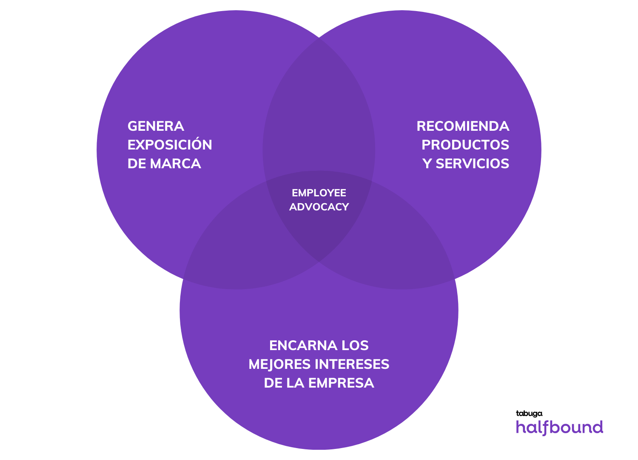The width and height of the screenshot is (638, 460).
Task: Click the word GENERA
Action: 156,126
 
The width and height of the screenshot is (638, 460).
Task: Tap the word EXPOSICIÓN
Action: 170,145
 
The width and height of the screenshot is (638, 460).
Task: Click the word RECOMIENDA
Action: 463,126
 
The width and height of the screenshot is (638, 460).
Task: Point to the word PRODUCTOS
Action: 465,145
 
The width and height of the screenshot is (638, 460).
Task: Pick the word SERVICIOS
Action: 472,164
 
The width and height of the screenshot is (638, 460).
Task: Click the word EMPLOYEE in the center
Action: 319,193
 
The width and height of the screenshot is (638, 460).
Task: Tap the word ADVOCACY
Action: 319,207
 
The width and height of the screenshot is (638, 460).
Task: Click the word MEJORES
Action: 279,365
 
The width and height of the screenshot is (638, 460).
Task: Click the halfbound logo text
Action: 559,427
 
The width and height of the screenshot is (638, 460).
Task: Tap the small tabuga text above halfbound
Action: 529,414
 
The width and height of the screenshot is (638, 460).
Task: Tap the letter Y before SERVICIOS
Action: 427,164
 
